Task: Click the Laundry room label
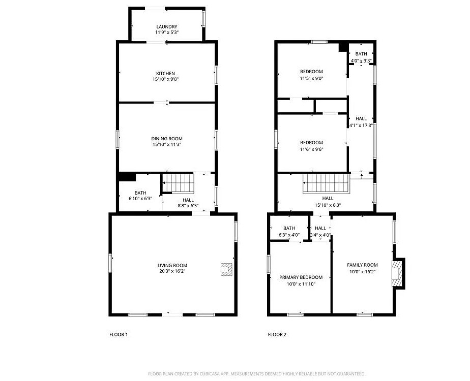coord(167,26)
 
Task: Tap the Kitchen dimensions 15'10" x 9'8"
coord(165,79)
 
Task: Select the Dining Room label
coord(167,139)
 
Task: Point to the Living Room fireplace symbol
coord(226,269)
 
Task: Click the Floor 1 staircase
coord(178,183)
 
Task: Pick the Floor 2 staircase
coord(326,183)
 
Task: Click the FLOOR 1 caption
coord(119,335)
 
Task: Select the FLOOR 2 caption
coord(277,335)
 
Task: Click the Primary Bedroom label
coord(301,277)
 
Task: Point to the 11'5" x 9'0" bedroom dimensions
coord(311,78)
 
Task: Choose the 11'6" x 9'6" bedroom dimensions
coord(311,149)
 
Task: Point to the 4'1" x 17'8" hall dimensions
coord(361,125)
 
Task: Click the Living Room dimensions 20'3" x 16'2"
coord(172,271)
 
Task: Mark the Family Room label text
coord(362,265)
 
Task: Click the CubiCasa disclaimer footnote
coord(256,374)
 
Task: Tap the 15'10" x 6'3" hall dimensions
coord(328,205)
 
